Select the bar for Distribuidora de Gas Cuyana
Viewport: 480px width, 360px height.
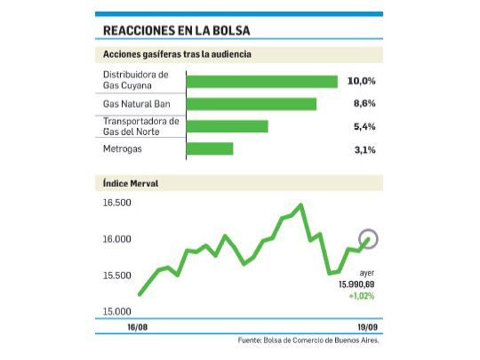pos(261,82)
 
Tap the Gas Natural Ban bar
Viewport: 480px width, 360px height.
pos(252,104)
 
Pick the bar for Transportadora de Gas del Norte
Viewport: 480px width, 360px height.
pos(227,126)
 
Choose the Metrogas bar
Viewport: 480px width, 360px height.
pos(210,148)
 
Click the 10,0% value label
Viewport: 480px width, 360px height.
pos(362,81)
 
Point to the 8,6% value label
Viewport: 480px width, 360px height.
pos(363,104)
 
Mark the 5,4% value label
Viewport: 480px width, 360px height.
pos(363,126)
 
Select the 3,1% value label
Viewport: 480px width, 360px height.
pos(363,149)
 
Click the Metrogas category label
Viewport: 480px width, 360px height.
pos(122,148)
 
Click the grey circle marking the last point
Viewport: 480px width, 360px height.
pos(368,238)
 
